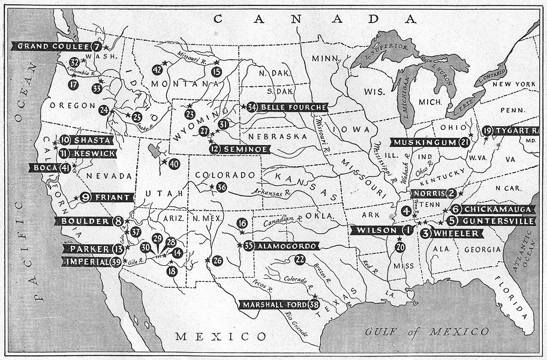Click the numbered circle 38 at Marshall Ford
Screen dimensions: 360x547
(312, 305)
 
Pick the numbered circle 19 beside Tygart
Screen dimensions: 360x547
(487, 130)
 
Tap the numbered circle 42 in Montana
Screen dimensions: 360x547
(157, 70)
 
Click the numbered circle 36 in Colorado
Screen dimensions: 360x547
(221, 187)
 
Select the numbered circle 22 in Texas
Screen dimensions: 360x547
(300, 259)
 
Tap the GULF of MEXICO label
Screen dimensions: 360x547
(427, 331)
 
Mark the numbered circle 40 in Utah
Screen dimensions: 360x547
(174, 163)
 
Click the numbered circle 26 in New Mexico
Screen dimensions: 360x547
(217, 260)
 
